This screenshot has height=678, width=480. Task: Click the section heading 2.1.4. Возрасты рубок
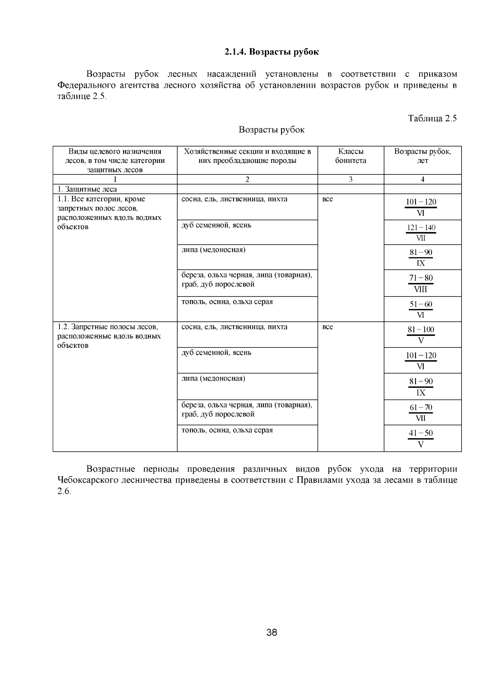click(x=271, y=52)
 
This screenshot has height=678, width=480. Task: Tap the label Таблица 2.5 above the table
click(x=432, y=118)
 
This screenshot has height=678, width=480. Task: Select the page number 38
click(x=272, y=633)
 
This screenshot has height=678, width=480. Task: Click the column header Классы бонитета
click(x=350, y=156)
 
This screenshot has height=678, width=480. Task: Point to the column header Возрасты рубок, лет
click(x=422, y=156)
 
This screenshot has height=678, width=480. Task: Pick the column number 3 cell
click(x=350, y=180)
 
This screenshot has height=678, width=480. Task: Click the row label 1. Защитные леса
click(x=87, y=189)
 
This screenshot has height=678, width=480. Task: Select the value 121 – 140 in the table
click(x=421, y=228)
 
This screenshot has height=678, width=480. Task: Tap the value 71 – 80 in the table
click(x=421, y=278)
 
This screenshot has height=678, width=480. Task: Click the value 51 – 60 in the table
click(x=421, y=304)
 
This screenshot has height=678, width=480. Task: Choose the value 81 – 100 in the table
click(x=421, y=330)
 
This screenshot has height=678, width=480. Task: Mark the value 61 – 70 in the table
click(x=421, y=407)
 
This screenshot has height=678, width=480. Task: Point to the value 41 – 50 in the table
click(x=421, y=433)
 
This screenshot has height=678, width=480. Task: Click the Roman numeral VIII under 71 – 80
click(x=420, y=289)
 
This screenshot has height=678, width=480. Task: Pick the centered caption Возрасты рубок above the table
click(x=271, y=130)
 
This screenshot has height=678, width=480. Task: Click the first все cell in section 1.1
click(x=327, y=199)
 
